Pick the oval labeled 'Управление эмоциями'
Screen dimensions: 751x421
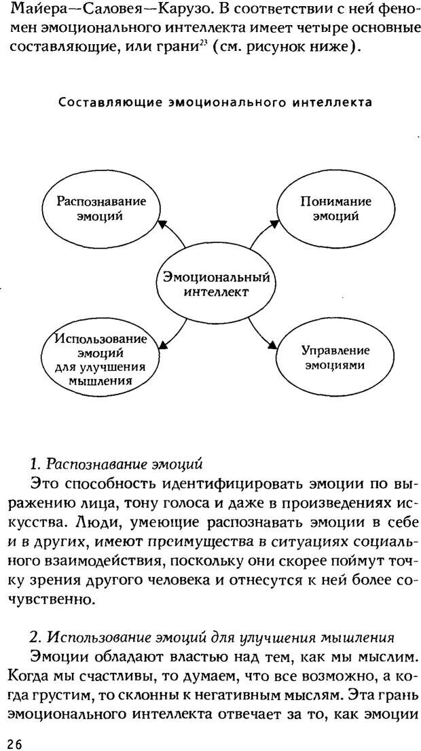point(335,357)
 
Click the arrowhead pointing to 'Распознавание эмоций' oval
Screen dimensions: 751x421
point(162,225)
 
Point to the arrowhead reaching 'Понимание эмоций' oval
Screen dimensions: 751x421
point(274,222)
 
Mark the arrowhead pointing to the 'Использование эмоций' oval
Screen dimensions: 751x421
point(161,346)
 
